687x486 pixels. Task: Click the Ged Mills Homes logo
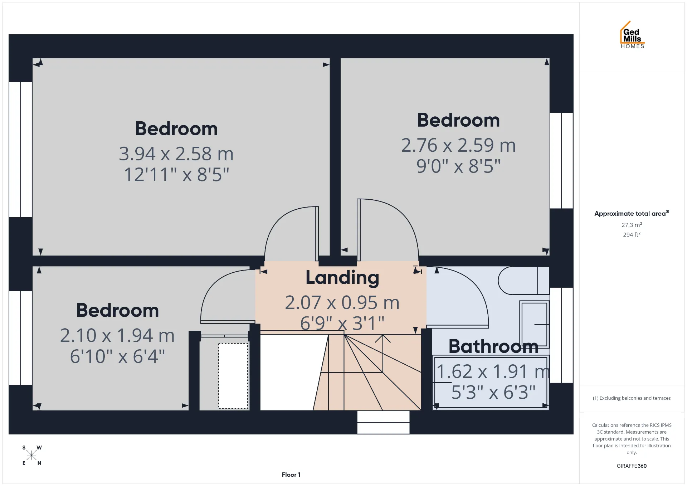[x=632, y=35]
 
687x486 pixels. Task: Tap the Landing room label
[x=342, y=278]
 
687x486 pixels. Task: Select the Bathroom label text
[x=493, y=346]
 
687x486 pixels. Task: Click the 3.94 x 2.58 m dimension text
[x=176, y=154]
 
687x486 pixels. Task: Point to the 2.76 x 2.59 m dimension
[x=458, y=145]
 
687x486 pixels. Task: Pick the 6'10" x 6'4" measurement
[x=117, y=356]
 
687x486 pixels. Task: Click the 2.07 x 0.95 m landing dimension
[x=342, y=303]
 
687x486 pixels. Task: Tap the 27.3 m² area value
[x=632, y=225]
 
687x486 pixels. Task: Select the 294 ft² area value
[x=632, y=235]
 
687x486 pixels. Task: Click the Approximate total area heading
[x=632, y=213]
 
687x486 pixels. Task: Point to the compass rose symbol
[x=31, y=455]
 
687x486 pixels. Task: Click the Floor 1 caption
[x=291, y=475]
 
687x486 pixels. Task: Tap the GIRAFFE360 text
[x=632, y=466]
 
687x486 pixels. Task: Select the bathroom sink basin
[x=534, y=324]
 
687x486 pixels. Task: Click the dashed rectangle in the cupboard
[x=233, y=376]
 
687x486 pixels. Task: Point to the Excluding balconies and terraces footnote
[x=632, y=398]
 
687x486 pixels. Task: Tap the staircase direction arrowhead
[x=383, y=338]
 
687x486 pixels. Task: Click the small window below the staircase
[x=383, y=422]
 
